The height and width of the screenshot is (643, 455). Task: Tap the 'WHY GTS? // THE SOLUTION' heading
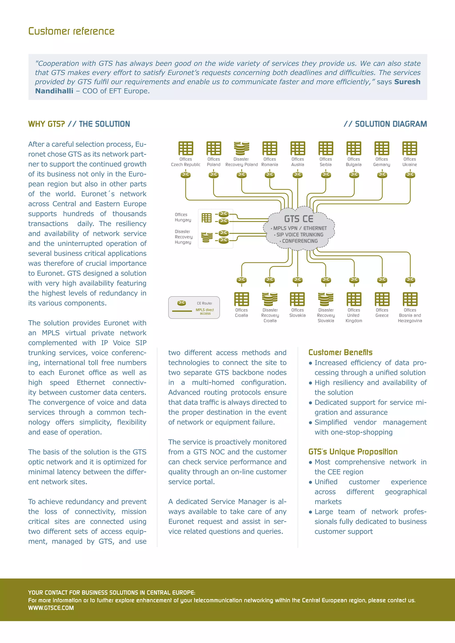(79, 124)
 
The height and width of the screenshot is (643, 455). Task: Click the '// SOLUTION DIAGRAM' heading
(385, 124)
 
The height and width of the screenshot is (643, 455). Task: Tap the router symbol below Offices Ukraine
(410, 175)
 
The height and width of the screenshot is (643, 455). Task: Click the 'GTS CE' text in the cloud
(299, 219)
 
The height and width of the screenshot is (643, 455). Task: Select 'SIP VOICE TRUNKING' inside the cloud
(299, 235)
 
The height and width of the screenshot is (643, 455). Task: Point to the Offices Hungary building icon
(206, 218)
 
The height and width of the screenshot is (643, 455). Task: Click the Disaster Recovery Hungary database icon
(207, 237)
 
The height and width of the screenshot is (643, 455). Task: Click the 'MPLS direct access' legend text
(205, 312)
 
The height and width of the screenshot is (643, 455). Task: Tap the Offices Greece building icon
(382, 299)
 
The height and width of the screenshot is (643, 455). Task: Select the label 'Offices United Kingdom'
(354, 315)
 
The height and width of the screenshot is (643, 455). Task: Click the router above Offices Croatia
(241, 280)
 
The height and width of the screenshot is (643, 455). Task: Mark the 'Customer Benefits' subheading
(340, 352)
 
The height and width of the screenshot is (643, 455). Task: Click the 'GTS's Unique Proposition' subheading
(353, 452)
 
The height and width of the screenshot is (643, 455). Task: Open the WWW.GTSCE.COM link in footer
(51, 608)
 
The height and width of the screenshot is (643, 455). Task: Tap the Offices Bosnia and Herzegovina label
(410, 315)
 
